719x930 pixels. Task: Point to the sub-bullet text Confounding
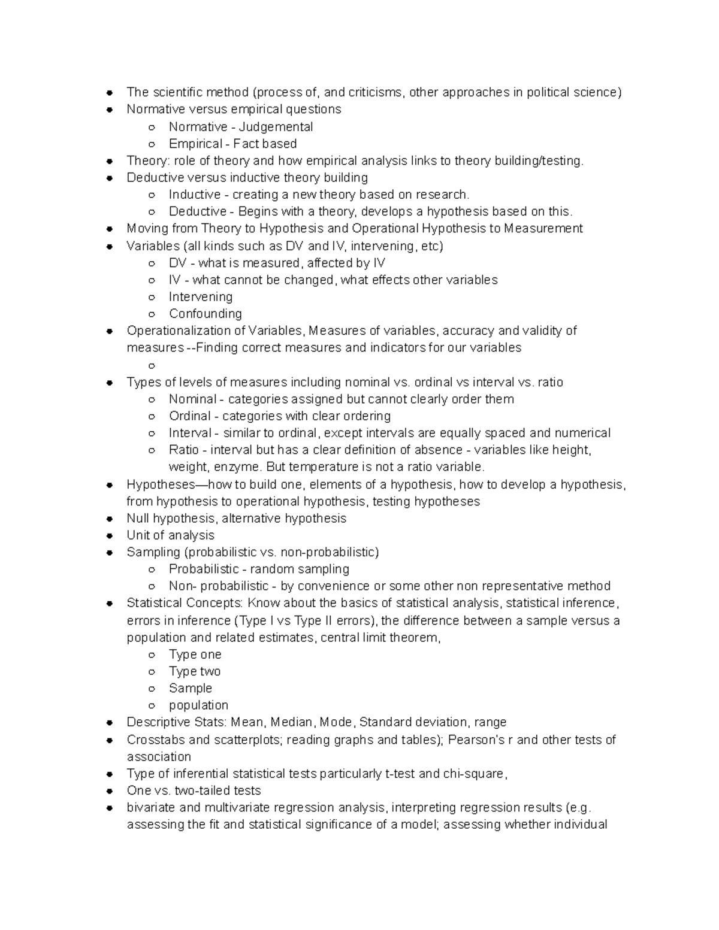[205, 314]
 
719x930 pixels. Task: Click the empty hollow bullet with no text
[152, 365]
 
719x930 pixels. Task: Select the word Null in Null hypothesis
[138, 519]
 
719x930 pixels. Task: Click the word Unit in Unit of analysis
[137, 535]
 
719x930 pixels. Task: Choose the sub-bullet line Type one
[195, 655]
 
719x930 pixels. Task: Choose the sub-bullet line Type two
[194, 671]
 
